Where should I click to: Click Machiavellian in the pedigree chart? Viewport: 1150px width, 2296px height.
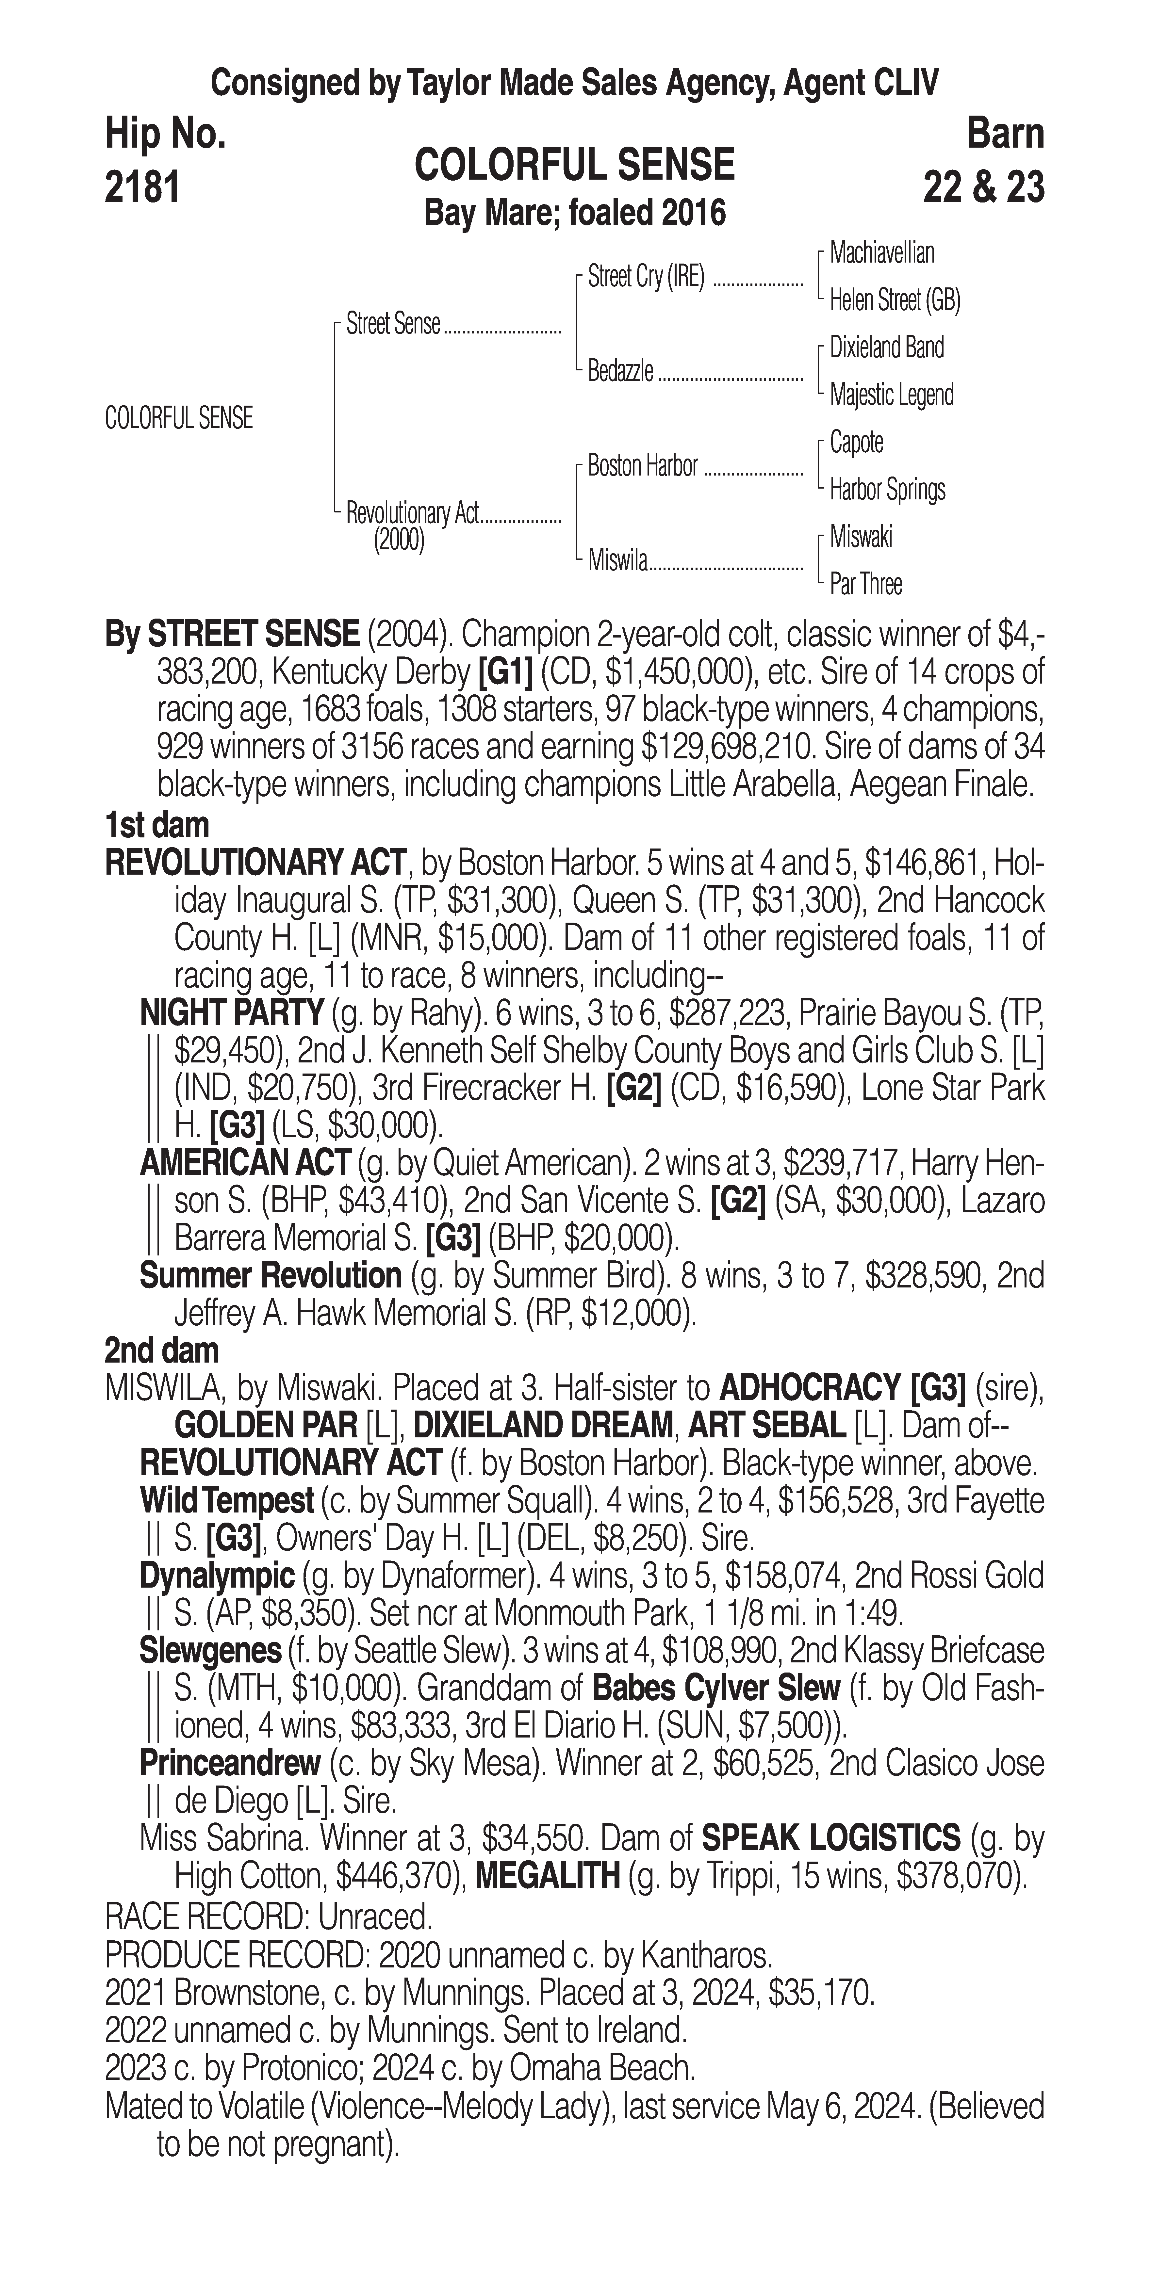click(x=882, y=253)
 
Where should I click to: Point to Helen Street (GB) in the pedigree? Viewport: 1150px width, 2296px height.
click(x=894, y=300)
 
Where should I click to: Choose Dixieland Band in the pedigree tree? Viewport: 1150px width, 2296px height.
click(x=886, y=348)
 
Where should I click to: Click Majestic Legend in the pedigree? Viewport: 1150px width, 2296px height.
click(x=892, y=395)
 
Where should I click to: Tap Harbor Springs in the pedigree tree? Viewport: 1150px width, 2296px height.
click(x=887, y=489)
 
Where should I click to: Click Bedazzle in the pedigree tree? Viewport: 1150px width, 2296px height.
click(x=620, y=371)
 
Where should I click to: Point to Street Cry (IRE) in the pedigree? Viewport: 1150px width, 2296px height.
click(x=646, y=277)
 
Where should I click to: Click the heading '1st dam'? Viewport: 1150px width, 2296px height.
click(x=157, y=825)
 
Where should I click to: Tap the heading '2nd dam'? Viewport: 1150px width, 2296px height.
click(x=161, y=1351)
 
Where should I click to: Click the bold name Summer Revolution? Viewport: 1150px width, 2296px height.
click(x=270, y=1276)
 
